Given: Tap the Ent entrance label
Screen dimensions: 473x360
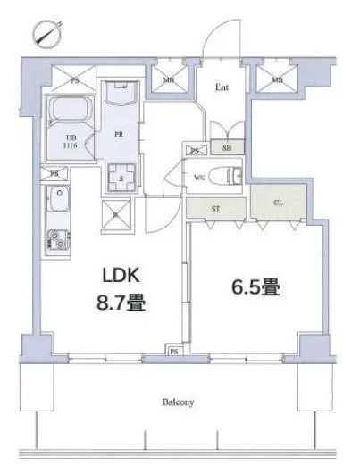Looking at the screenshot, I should coord(223,87).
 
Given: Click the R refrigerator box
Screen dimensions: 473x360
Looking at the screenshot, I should coord(118,213).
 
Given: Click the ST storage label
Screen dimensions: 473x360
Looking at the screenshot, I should coord(216,208).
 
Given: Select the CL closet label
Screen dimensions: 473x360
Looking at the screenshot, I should coord(279,203).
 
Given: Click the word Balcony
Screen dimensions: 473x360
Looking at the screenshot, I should coord(180,402).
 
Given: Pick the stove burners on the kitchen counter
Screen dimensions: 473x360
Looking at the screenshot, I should coord(57,238).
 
